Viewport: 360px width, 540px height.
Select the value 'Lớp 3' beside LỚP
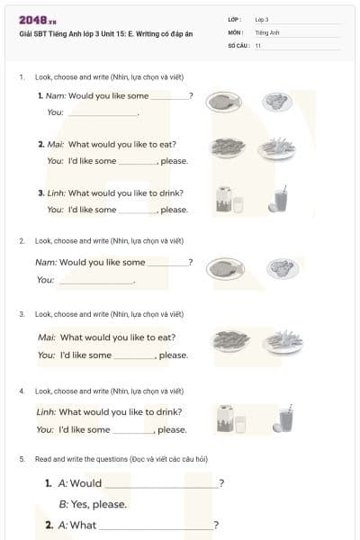pos(262,19)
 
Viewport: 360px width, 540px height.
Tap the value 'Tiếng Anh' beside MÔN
pos(268,31)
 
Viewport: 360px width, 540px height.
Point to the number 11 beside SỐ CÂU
pos(258,45)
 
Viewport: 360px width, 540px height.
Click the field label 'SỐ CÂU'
pos(237,45)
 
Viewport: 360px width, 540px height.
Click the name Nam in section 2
pos(45,262)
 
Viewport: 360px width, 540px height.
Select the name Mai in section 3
pos(46,337)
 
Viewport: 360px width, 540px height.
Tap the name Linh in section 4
pos(46,412)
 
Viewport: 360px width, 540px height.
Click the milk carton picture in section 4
pos(226,418)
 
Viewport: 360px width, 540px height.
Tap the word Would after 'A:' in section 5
pos(85,483)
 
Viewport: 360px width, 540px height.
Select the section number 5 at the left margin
pos(22,459)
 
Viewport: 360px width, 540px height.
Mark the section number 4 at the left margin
pos(22,391)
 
